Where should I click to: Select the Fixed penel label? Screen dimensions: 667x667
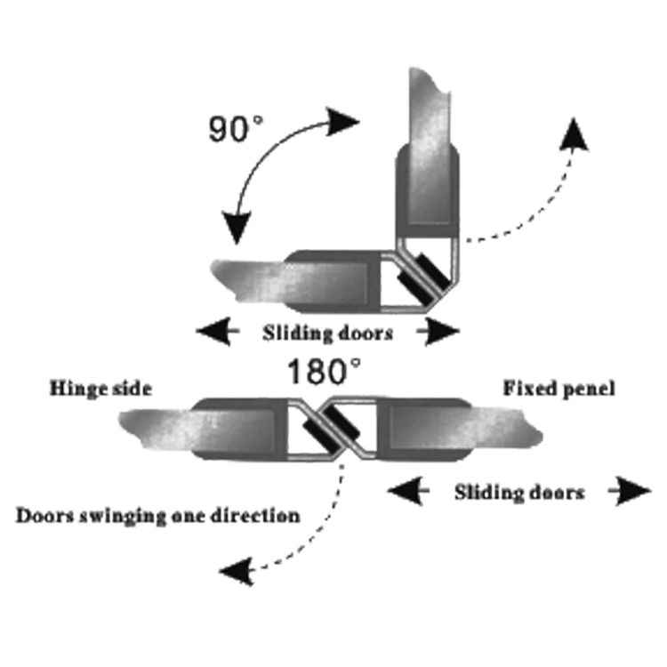[559, 388]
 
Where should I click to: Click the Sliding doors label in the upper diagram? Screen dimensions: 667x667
[327, 334]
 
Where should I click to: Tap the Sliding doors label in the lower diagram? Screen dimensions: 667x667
[519, 492]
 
